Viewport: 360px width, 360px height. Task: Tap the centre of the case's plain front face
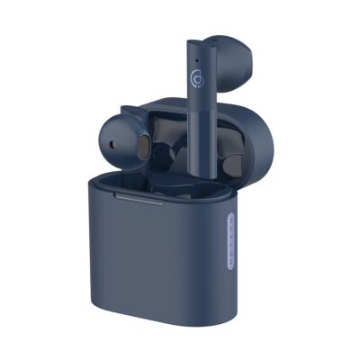click(144, 261)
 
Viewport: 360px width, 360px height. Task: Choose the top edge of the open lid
click(180, 100)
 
